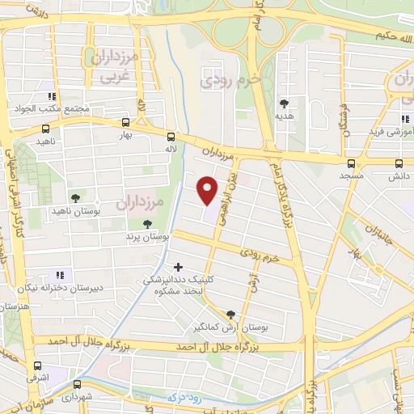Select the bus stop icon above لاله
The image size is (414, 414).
click(x=171, y=137)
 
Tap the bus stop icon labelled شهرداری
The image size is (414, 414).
click(x=77, y=385)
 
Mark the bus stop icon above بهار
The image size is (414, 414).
click(x=125, y=124)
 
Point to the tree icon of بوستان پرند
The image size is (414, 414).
click(x=146, y=224)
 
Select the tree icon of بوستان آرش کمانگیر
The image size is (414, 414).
click(x=231, y=315)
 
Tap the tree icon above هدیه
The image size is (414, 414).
click(x=284, y=103)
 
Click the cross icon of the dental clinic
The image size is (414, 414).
click(x=178, y=266)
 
